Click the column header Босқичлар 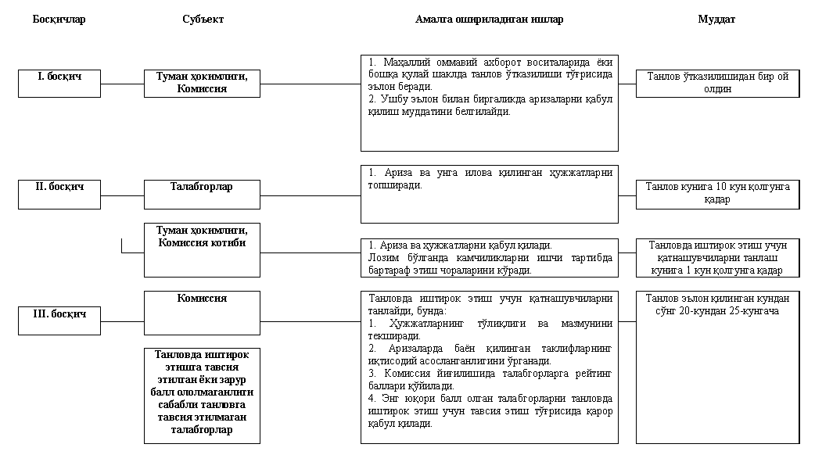click(x=59, y=20)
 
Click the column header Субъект click(x=202, y=20)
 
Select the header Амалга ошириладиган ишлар click(x=489, y=20)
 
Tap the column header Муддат click(x=716, y=20)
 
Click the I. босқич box click(x=59, y=83)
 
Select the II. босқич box click(x=59, y=194)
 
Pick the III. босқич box click(x=59, y=321)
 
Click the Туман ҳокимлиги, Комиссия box click(x=202, y=83)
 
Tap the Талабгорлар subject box click(x=202, y=194)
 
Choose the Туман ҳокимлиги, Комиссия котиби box click(x=202, y=249)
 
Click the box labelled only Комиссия click(x=202, y=313)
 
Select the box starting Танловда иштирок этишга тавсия click(x=202, y=396)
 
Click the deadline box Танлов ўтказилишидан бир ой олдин click(x=717, y=84)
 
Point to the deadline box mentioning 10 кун click(x=717, y=194)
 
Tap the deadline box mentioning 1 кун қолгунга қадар click(x=717, y=257)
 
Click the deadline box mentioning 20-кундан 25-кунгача click(x=717, y=305)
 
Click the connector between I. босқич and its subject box click(x=122, y=84)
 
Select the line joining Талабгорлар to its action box click(x=310, y=195)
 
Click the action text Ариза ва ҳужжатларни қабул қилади click(x=465, y=245)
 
